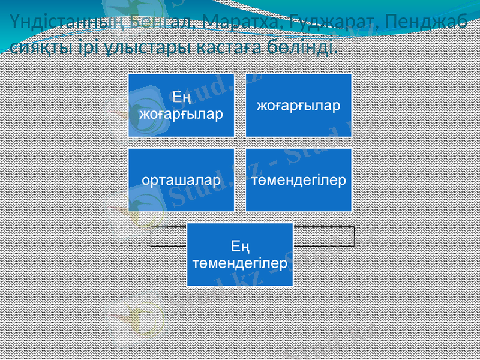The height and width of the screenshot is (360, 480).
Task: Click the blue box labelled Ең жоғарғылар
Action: tap(180, 106)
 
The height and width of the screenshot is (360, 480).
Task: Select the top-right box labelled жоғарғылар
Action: tap(298, 106)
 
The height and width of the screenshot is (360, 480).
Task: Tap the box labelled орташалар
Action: tap(180, 180)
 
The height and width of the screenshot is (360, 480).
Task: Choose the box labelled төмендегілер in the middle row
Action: tap(298, 180)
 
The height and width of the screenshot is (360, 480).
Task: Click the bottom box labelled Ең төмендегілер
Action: tap(239, 254)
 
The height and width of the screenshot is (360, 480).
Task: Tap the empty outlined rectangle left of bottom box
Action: tap(167, 236)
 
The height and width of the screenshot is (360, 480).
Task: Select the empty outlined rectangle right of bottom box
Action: tap(324, 236)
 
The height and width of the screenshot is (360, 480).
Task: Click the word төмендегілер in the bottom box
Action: tap(239, 263)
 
